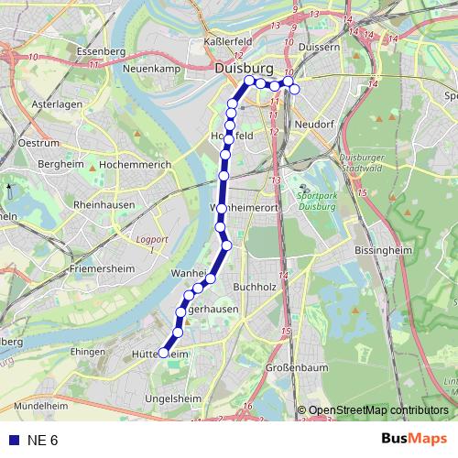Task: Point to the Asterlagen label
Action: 57,105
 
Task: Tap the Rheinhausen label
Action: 105,205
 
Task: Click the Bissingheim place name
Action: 385,248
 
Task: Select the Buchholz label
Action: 254,288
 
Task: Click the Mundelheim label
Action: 41,403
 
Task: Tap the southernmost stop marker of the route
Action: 164,353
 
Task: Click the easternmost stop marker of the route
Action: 294,88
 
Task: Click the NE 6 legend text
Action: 42,441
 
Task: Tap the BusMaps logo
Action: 413,440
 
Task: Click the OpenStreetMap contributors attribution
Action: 378,410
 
